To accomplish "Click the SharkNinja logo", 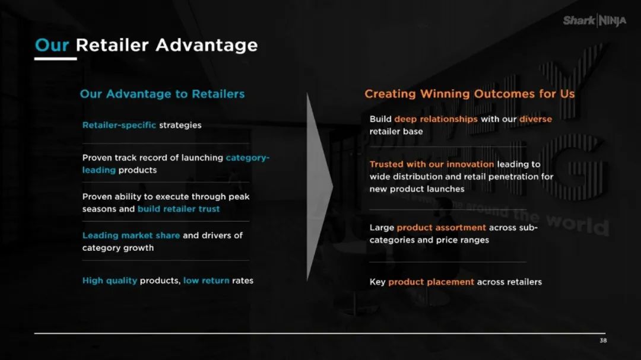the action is tap(594, 20).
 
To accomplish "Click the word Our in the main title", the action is tap(52, 45).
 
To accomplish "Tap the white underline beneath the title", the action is tap(56, 59).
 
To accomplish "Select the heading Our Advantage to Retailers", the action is tap(162, 94).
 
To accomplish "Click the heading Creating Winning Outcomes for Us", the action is tap(469, 94).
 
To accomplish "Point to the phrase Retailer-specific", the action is tap(119, 125).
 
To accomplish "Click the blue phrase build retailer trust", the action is tap(179, 209).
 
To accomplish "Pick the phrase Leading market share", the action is tap(131, 235).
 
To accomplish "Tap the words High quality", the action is tap(110, 281).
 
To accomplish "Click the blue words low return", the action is tap(207, 281).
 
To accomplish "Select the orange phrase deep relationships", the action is tap(436, 119).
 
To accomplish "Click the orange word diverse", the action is tap(535, 119).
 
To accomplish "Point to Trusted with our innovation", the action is tap(431, 164).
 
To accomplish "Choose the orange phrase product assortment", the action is tap(442, 228).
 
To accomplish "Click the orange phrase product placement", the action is tap(431, 282).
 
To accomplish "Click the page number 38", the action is tap(603, 340).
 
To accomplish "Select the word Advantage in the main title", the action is tap(207, 46).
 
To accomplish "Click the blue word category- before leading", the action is tap(247, 158).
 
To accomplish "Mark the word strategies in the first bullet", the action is tap(180, 125).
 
